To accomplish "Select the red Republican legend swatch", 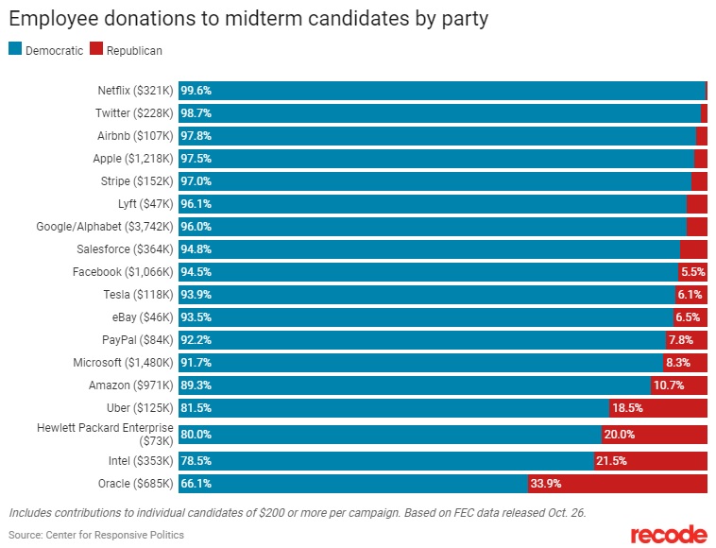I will [95, 49].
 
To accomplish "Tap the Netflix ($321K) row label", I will [135, 91].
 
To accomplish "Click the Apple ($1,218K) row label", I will [133, 159].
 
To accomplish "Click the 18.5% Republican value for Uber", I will [626, 408].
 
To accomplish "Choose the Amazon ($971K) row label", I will [131, 385].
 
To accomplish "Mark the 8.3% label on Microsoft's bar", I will [677, 363].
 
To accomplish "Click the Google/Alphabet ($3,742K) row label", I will [105, 227].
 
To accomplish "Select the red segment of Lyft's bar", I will [697, 204].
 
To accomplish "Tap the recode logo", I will [669, 534].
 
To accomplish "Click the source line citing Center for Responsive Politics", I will [96, 535].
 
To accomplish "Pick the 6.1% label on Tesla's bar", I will [690, 295].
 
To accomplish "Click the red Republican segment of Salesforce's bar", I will [693, 249].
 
